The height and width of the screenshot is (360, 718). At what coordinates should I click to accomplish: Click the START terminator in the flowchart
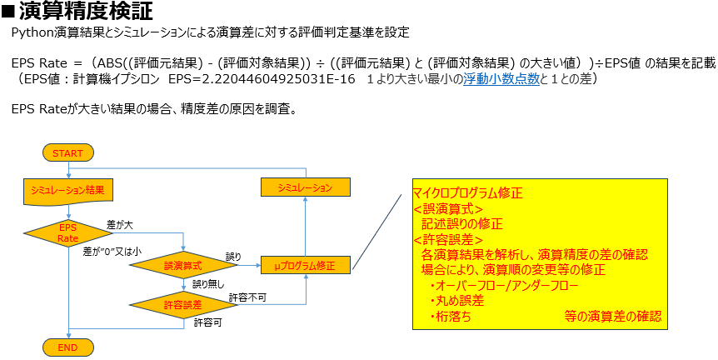67,153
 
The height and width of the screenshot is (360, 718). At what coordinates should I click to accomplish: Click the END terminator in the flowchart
67,345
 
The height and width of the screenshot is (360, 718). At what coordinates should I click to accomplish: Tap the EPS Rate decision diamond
67,232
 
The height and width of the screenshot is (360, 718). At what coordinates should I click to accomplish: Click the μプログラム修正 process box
304,266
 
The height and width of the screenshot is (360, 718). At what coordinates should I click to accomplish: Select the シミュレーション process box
304,187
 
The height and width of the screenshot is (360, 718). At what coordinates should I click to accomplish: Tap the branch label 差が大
120,225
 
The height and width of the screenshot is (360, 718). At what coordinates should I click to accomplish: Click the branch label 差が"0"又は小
112,251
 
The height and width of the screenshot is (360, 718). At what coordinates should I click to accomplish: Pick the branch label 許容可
207,322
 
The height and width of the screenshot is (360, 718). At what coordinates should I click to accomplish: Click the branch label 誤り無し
208,284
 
